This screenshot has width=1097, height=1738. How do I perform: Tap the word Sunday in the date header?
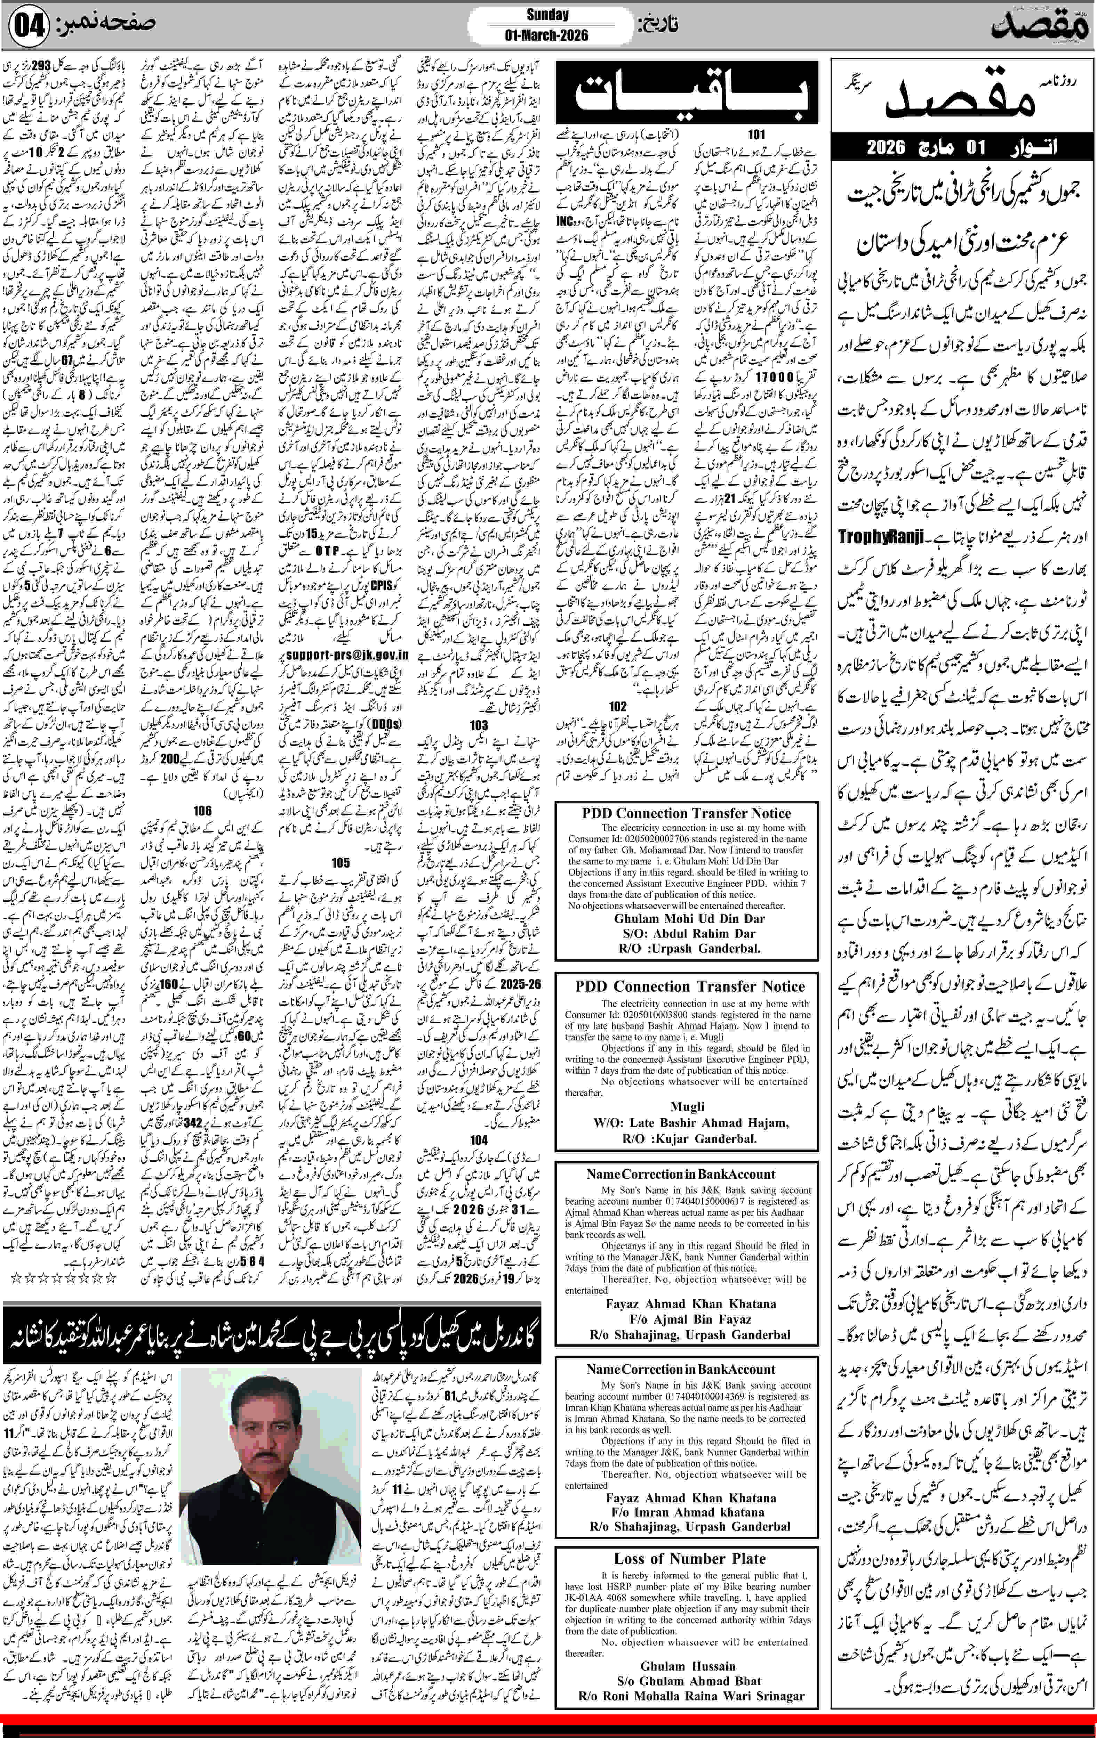[547, 15]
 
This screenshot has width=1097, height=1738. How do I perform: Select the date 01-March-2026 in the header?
[547, 35]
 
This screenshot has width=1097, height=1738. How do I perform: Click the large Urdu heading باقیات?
[686, 92]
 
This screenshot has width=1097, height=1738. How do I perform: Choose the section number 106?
[202, 811]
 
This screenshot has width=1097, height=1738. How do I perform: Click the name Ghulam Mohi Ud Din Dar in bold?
[690, 919]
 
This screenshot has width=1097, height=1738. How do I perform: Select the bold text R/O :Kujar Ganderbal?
[689, 1139]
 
